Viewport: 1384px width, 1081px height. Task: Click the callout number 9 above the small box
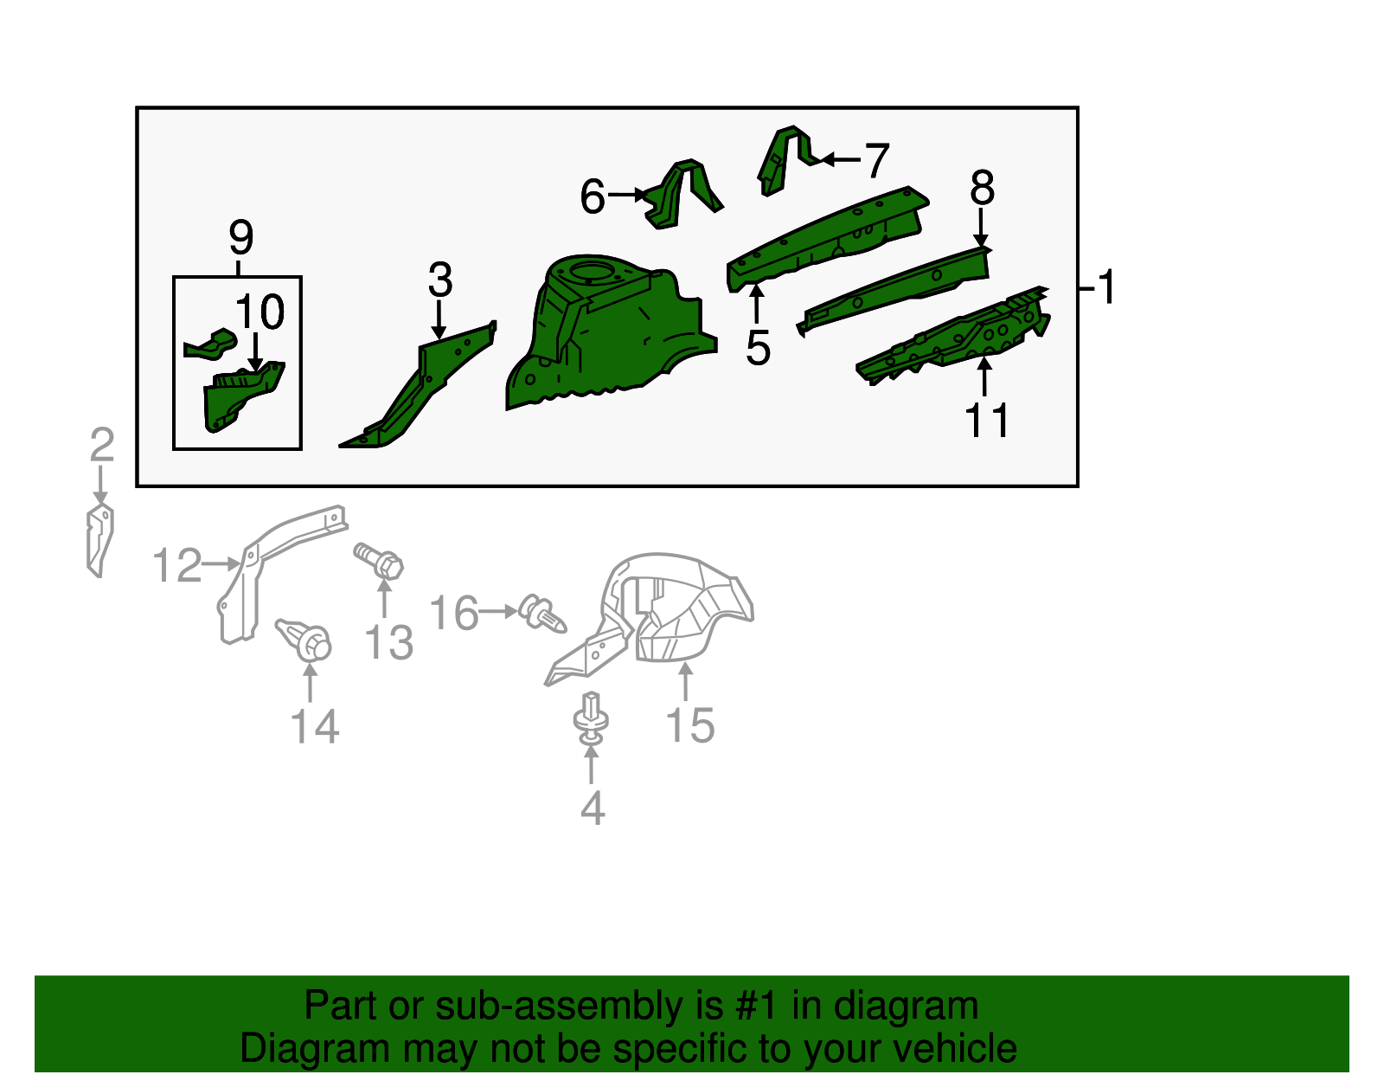click(x=240, y=238)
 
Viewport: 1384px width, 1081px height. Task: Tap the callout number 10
click(x=259, y=312)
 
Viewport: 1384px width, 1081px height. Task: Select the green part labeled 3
click(x=417, y=385)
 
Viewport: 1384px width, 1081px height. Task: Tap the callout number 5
click(x=758, y=348)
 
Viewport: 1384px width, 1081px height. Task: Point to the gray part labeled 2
click(x=100, y=541)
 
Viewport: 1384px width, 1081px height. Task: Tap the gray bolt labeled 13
click(x=380, y=561)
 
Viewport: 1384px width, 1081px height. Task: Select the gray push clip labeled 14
click(x=305, y=640)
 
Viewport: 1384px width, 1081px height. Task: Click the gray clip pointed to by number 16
click(x=542, y=614)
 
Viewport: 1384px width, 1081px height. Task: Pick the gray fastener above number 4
click(x=591, y=718)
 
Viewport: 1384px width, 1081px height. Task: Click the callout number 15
click(x=689, y=725)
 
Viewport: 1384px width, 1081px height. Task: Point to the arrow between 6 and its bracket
click(x=627, y=194)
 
